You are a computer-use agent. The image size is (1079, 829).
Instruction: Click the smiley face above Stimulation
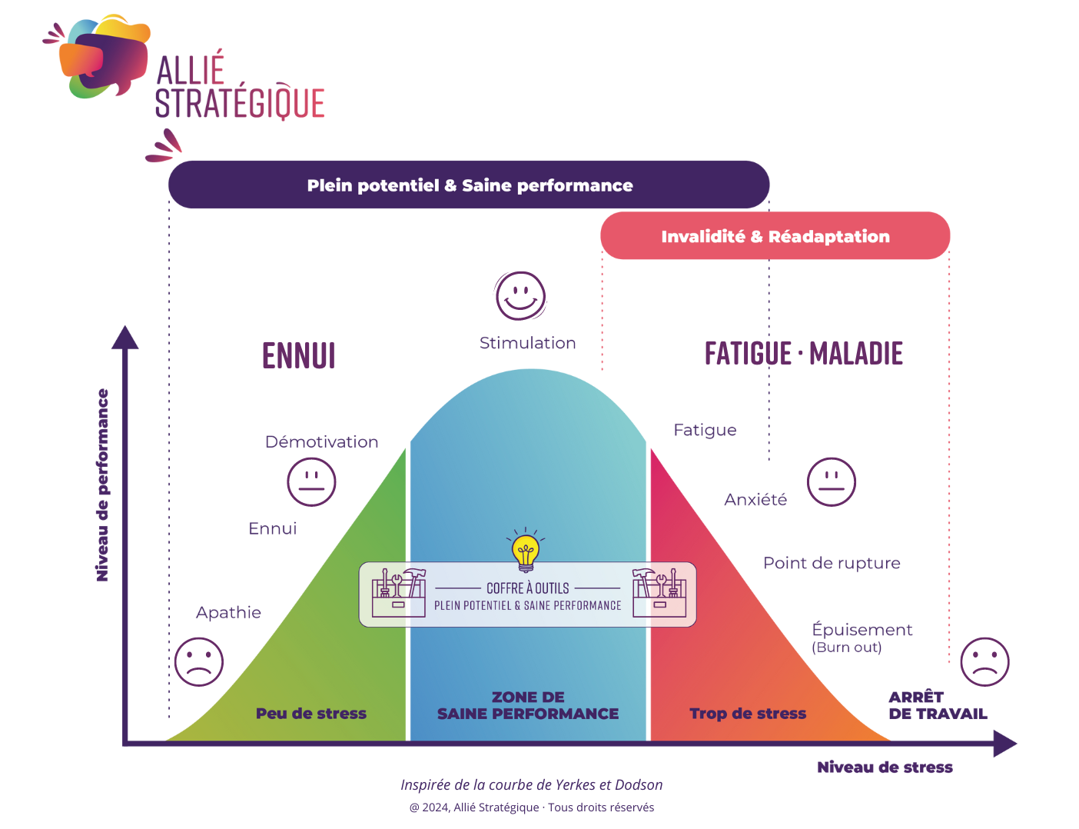coord(520,295)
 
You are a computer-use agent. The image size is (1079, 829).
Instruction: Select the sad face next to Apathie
coord(199,661)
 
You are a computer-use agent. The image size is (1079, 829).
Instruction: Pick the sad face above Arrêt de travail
coord(984,661)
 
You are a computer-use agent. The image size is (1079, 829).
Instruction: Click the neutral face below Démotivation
coord(311,482)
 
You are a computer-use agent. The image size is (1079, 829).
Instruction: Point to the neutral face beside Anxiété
coord(831,482)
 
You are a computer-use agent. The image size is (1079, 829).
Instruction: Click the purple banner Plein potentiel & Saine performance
coord(469,185)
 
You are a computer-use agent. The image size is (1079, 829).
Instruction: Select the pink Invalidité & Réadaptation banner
coord(775,236)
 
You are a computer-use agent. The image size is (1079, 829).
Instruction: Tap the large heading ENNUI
coord(299,355)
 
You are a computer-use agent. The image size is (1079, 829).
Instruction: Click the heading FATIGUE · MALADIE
coord(803,354)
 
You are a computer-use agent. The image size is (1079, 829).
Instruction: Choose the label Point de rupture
coord(831,563)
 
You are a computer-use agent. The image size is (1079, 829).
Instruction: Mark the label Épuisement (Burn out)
coord(861,638)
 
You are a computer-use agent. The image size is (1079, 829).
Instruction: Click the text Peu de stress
coord(311,714)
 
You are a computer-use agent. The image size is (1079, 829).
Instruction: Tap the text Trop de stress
coord(748,714)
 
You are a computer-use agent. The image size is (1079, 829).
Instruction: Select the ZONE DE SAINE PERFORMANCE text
coord(528,705)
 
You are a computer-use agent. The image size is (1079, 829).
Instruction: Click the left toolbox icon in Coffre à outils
coord(398,593)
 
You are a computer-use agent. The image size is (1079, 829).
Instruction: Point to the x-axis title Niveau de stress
coord(885,767)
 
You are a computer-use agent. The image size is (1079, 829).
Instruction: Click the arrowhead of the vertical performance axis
coord(125,338)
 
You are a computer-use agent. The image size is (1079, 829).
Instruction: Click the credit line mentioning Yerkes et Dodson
coord(531,784)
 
